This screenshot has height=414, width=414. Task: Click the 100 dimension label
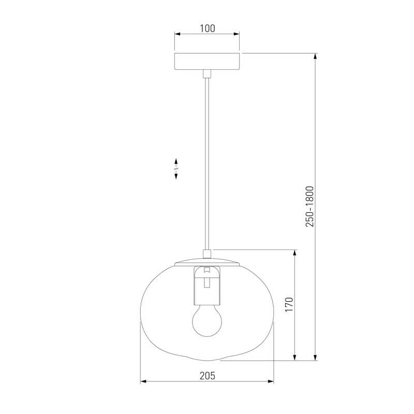[x=208, y=28]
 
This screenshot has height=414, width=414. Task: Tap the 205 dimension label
[x=208, y=376]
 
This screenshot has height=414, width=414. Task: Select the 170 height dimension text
[x=289, y=304]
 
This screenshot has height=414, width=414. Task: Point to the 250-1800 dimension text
[x=309, y=206]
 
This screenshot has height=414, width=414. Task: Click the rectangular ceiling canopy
[x=207, y=61]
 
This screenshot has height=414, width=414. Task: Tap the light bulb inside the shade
[x=207, y=320]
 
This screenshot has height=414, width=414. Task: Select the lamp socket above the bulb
[x=207, y=285]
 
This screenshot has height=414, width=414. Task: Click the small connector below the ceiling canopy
[x=207, y=74]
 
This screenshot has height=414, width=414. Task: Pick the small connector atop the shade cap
[x=207, y=254]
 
